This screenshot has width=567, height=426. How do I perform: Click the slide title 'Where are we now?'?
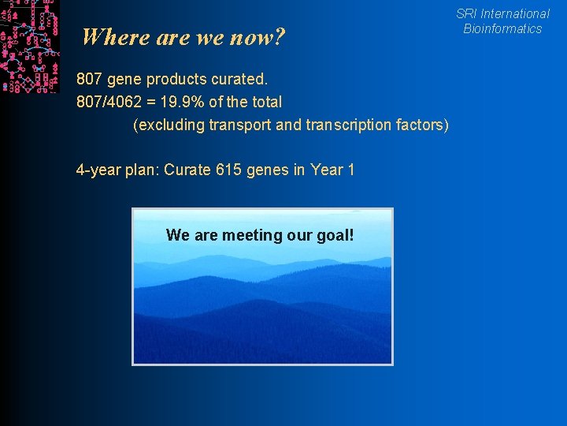(x=183, y=37)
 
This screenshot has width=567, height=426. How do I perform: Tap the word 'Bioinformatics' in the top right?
(x=502, y=29)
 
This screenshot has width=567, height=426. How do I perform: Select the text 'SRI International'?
(x=502, y=13)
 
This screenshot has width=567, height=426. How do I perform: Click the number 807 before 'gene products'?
(x=89, y=80)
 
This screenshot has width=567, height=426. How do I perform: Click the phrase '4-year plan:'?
(x=117, y=170)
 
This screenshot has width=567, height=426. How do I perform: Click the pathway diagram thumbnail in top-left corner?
(x=30, y=46)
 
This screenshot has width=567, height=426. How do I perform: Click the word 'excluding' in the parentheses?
(x=169, y=125)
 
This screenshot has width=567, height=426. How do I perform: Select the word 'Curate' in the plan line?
(x=187, y=170)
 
